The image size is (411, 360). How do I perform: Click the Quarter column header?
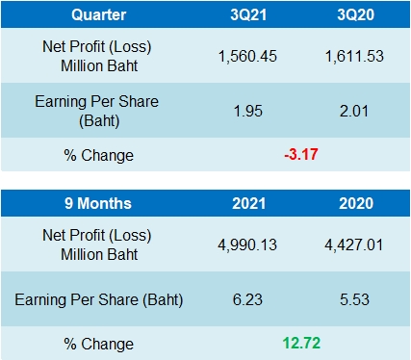point(98,15)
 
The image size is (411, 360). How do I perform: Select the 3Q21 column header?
point(248,15)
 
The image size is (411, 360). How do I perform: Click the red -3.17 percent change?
point(301,155)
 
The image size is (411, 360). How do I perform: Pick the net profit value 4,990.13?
point(248,244)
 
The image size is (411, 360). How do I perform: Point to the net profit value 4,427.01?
point(355,244)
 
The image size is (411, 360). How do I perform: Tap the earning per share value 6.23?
point(248,301)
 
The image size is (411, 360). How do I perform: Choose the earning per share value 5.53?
point(355,301)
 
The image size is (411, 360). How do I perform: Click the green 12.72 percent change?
point(301,343)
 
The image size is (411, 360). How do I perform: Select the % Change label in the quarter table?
point(98,155)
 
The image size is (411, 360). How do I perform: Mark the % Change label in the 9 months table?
point(98,343)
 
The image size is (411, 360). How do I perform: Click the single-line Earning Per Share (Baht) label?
point(98,301)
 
